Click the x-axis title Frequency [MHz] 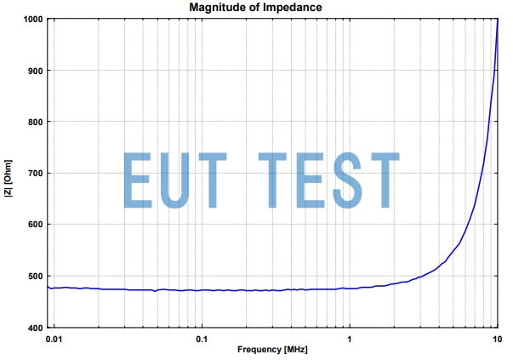pyautogui.click(x=272, y=350)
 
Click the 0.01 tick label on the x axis pyautogui.click(x=54, y=339)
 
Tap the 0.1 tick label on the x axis pyautogui.click(x=202, y=339)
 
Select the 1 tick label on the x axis pyautogui.click(x=349, y=339)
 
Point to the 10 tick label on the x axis pyautogui.click(x=497, y=339)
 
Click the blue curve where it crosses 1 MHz pyautogui.click(x=349, y=288)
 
